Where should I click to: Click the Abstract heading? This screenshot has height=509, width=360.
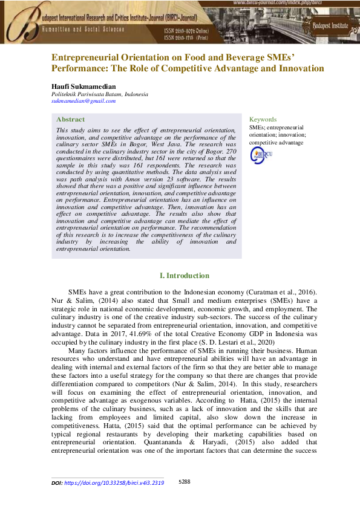coord(70,120)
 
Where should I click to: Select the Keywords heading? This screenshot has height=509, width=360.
coord(263,120)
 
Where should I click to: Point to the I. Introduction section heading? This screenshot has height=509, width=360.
coord(180,275)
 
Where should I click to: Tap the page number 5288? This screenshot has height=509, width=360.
coord(185,482)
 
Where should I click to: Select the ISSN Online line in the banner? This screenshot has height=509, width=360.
coord(188,30)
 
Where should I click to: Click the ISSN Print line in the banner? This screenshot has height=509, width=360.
coord(187,37)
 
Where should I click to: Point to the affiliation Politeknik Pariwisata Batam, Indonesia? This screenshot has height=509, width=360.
coord(99,95)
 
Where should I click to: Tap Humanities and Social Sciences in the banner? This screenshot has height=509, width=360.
coord(83,29)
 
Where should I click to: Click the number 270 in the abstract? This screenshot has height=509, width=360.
coord(229,151)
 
